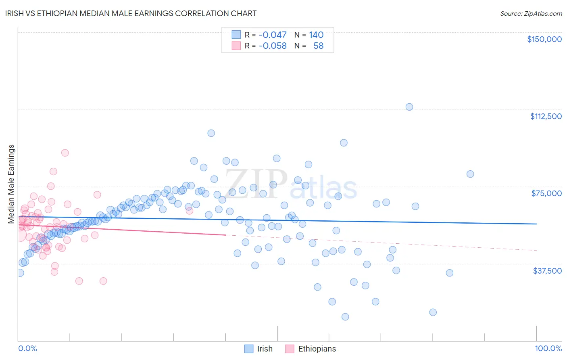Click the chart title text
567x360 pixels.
[131, 13]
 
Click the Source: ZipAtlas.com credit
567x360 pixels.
[531, 13]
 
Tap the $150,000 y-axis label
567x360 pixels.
[544, 39]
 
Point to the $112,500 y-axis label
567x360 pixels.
[546, 116]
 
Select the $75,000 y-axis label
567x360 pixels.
[546, 193]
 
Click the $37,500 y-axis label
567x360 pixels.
[547, 271]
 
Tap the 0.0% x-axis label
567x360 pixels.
[27, 348]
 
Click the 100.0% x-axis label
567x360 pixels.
[548, 348]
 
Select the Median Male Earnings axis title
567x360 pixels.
[11, 184]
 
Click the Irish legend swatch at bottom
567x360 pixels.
[249, 349]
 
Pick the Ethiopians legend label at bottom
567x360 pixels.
[317, 349]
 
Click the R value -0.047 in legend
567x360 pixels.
[273, 35]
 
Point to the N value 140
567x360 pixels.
[316, 35]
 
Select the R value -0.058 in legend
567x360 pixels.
[273, 46]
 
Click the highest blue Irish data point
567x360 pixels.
[409, 107]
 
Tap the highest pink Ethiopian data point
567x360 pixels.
[65, 153]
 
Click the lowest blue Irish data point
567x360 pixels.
[345, 317]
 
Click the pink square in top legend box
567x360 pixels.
[236, 46]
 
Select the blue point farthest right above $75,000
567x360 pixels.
[470, 174]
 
